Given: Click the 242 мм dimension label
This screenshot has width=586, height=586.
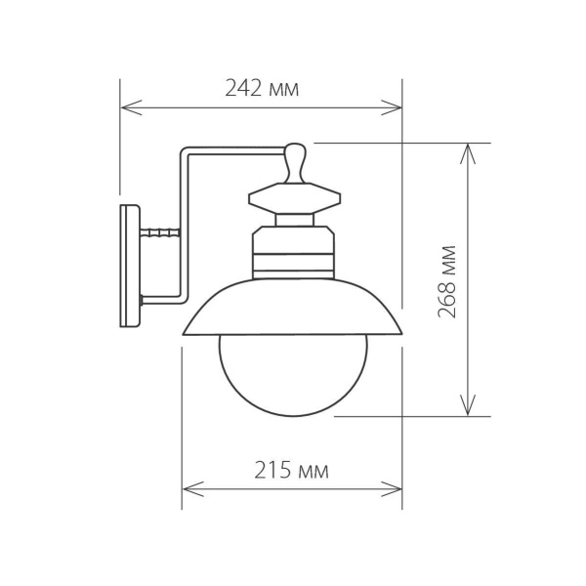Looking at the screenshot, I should click(262, 89).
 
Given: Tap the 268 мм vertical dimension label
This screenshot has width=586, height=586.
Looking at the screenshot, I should click(448, 278).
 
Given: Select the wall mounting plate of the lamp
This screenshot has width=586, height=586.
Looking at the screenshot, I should click(130, 266).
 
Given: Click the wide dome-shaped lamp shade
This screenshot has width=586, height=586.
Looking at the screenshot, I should click(292, 308).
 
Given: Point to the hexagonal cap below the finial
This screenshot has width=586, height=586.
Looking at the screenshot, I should click(296, 200).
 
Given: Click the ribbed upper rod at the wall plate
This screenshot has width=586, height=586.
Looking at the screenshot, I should click(162, 233).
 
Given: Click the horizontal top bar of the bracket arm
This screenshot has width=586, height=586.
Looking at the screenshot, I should click(234, 151).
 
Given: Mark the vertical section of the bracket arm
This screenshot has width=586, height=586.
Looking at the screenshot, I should click(185, 225).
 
